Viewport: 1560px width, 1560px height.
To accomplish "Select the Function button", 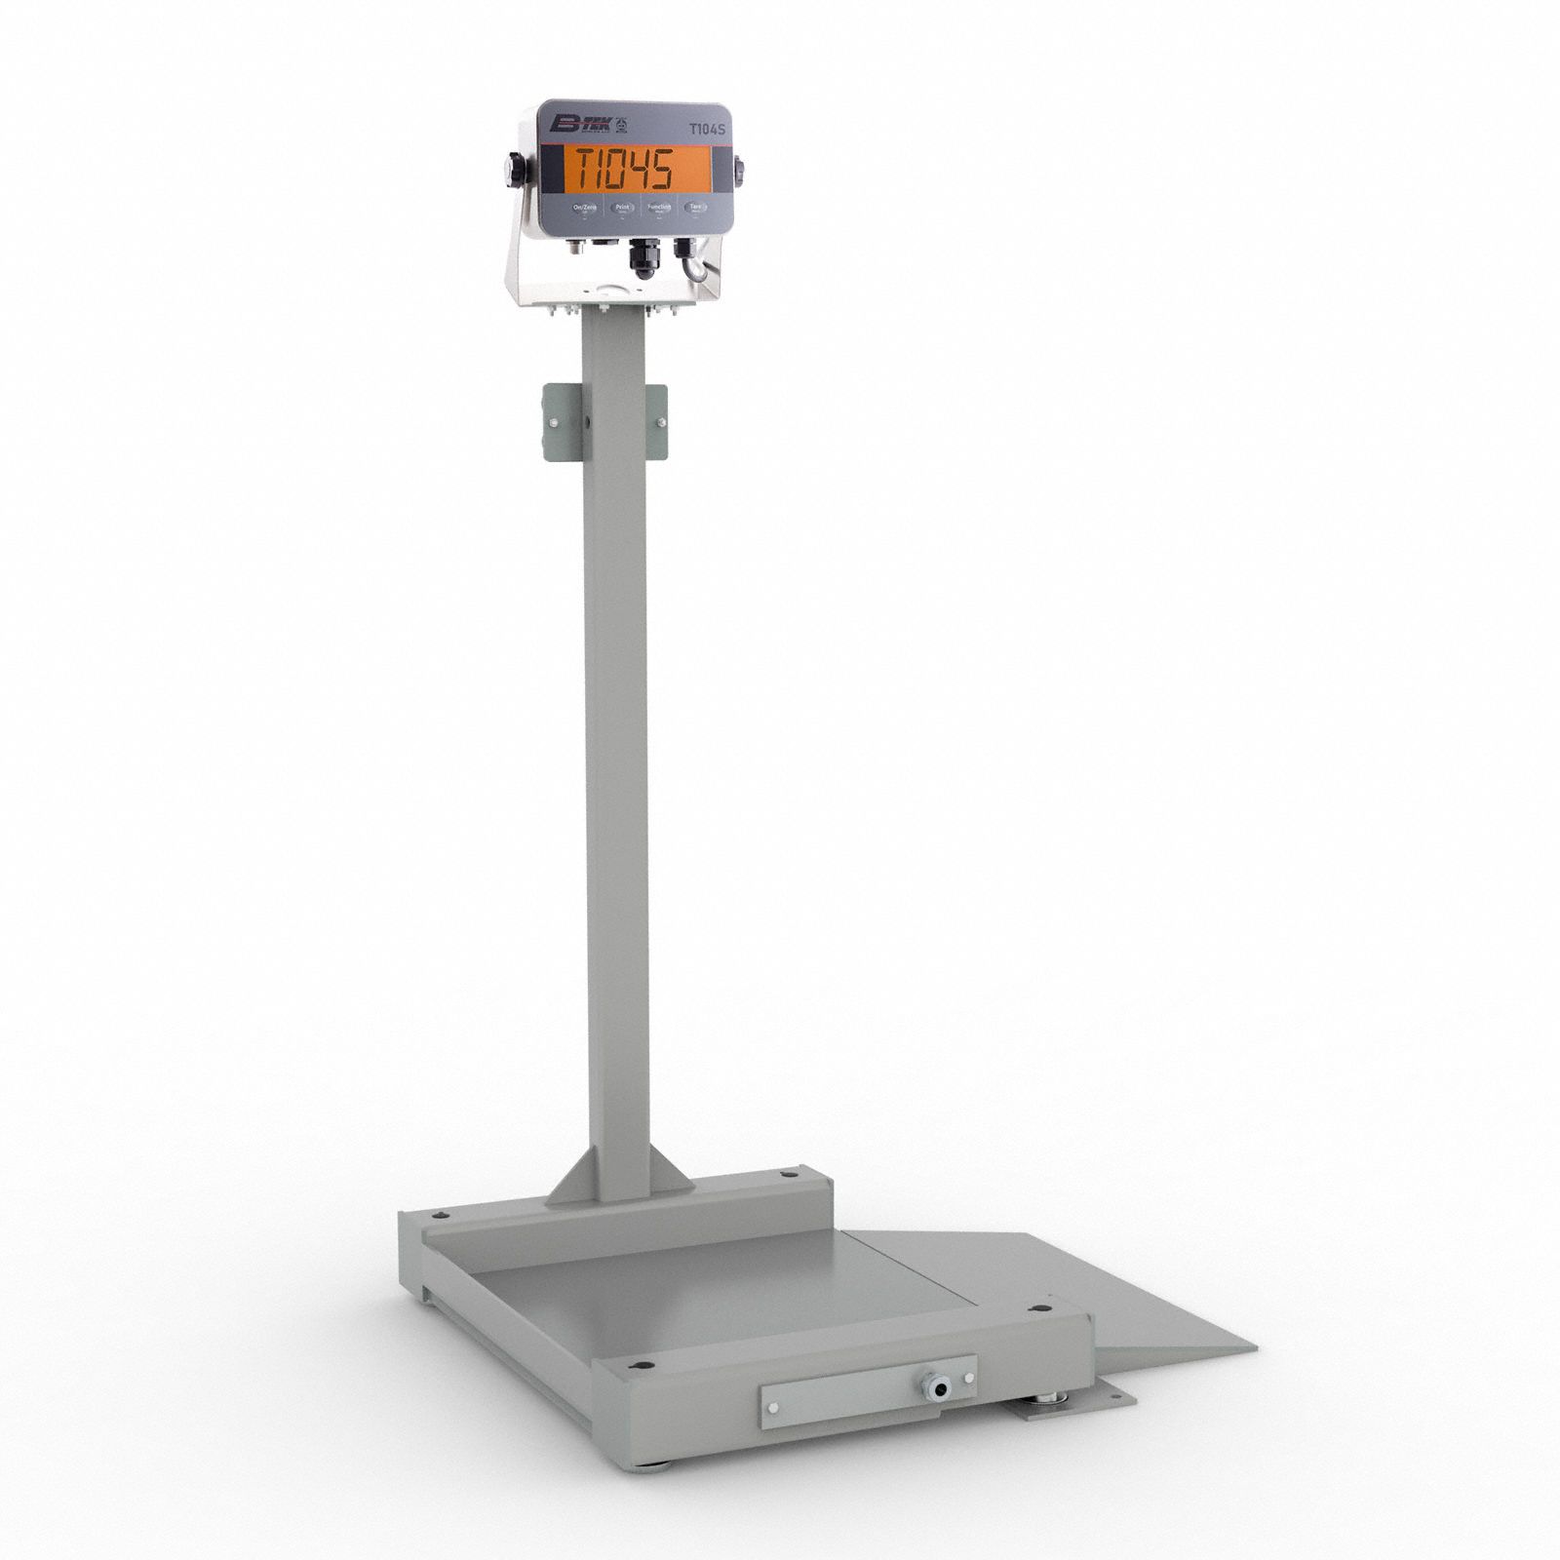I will (659, 207).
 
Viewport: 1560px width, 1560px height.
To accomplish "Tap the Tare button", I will (695, 207).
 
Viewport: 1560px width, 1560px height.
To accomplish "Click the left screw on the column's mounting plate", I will (555, 423).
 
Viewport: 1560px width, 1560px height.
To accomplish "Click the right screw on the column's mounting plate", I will (661, 422).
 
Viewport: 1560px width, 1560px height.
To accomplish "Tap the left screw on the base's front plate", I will (773, 1407).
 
